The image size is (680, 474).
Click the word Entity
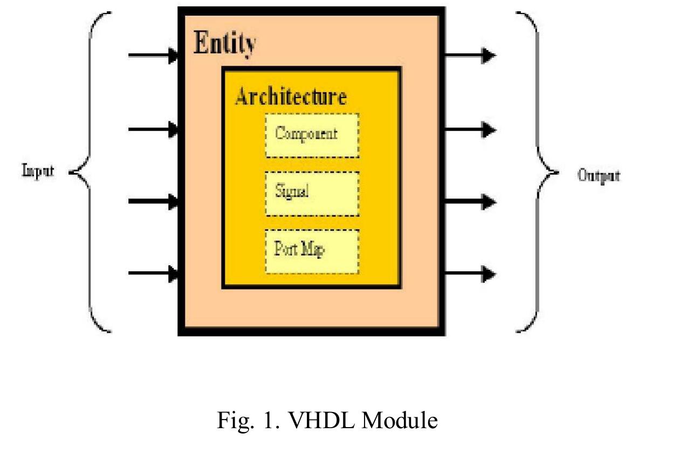pos(224,43)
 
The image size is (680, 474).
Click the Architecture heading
pos(290,97)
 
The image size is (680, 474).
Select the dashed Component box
pos(312,135)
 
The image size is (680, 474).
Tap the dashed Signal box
pos(312,193)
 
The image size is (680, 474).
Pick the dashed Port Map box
pos(312,251)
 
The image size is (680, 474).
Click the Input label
pos(38,171)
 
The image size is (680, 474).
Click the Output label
pos(599,175)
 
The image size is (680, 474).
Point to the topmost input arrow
pos(154,55)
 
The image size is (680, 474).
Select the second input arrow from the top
pos(154,129)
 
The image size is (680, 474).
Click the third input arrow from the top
pos(154,203)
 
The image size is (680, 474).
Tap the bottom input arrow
pos(154,273)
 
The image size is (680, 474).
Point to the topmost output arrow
pos(469,55)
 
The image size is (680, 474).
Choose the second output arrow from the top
pos(469,130)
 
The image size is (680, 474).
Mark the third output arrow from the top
pos(469,203)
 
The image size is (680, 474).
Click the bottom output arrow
pos(469,274)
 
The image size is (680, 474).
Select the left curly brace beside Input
pos(91,171)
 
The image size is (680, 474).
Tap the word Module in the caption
pos(399,420)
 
